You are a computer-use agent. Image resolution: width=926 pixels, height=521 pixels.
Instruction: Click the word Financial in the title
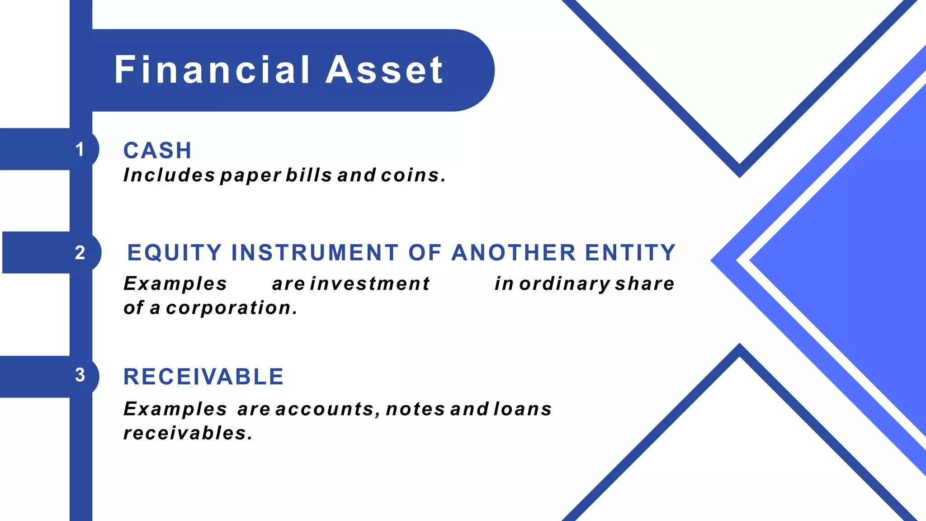[212, 70]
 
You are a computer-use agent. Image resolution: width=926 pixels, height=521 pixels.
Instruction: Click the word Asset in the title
[384, 70]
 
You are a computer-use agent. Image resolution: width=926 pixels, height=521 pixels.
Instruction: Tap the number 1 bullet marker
[80, 150]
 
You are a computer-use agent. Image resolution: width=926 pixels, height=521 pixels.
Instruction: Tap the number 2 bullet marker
[80, 253]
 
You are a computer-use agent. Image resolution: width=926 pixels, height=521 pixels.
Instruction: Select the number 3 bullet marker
[80, 375]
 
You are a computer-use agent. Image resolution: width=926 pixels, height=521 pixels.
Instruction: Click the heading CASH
[157, 151]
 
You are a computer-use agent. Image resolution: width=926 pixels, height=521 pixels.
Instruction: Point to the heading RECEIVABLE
[203, 377]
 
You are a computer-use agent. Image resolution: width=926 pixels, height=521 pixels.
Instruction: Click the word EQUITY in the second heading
[175, 253]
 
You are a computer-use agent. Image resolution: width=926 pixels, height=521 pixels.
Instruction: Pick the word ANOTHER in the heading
[514, 253]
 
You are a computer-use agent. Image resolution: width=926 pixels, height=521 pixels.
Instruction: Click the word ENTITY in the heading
[630, 253]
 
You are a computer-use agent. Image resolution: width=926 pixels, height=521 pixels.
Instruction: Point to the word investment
[369, 284]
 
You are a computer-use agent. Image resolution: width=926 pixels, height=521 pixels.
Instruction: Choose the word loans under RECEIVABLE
[522, 409]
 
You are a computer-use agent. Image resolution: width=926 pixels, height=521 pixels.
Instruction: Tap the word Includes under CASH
[169, 175]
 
